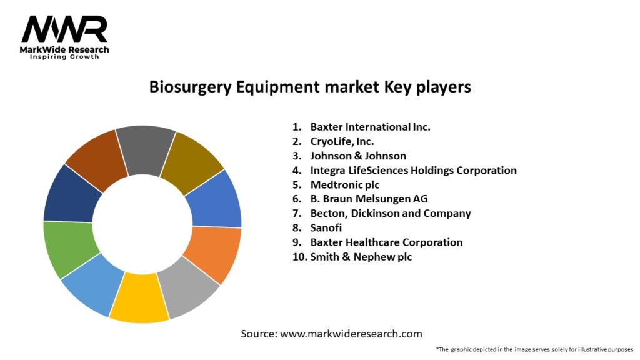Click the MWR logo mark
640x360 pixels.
point(64,29)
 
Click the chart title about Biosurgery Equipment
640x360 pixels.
point(309,87)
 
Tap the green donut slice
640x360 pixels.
point(71,249)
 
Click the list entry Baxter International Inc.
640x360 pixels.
point(370,127)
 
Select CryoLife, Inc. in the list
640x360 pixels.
point(342,141)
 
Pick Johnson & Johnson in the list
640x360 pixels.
point(358,156)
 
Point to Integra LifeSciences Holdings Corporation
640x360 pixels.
point(413,170)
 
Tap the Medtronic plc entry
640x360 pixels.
point(344,185)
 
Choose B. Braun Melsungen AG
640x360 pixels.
point(369,199)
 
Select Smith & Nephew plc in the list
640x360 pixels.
point(361,257)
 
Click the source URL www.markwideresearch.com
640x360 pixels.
point(351,334)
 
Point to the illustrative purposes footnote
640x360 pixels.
point(534,349)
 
